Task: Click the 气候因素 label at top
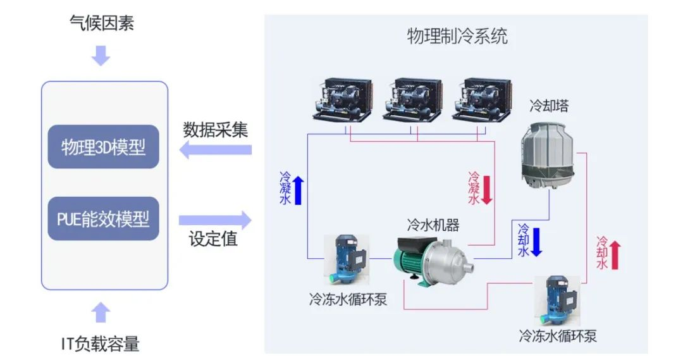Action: (x=101, y=23)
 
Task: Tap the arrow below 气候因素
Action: (x=101, y=56)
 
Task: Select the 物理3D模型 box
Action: (x=103, y=147)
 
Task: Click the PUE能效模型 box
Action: (x=103, y=219)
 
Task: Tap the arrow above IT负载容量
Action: (x=101, y=313)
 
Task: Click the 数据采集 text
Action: (x=216, y=130)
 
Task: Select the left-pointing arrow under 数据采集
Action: (x=215, y=151)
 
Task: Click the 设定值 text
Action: (x=213, y=240)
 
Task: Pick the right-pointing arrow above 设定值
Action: (x=215, y=221)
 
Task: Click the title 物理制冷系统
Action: (x=457, y=36)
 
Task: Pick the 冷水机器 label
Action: (x=433, y=225)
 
